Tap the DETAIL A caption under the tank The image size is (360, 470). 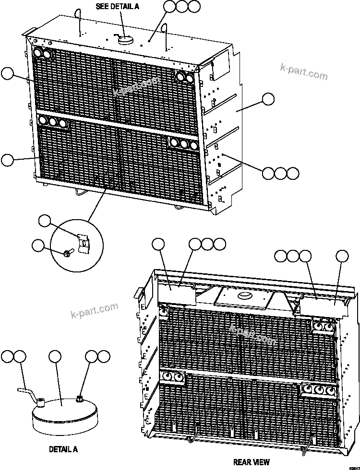click(63, 449)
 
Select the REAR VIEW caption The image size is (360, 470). click(251, 462)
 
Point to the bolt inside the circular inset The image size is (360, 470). click(68, 251)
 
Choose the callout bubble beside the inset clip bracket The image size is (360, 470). click(45, 221)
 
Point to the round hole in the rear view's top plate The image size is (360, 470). click(244, 294)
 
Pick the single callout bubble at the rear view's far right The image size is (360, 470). click(341, 256)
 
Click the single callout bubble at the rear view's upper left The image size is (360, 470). click(158, 244)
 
